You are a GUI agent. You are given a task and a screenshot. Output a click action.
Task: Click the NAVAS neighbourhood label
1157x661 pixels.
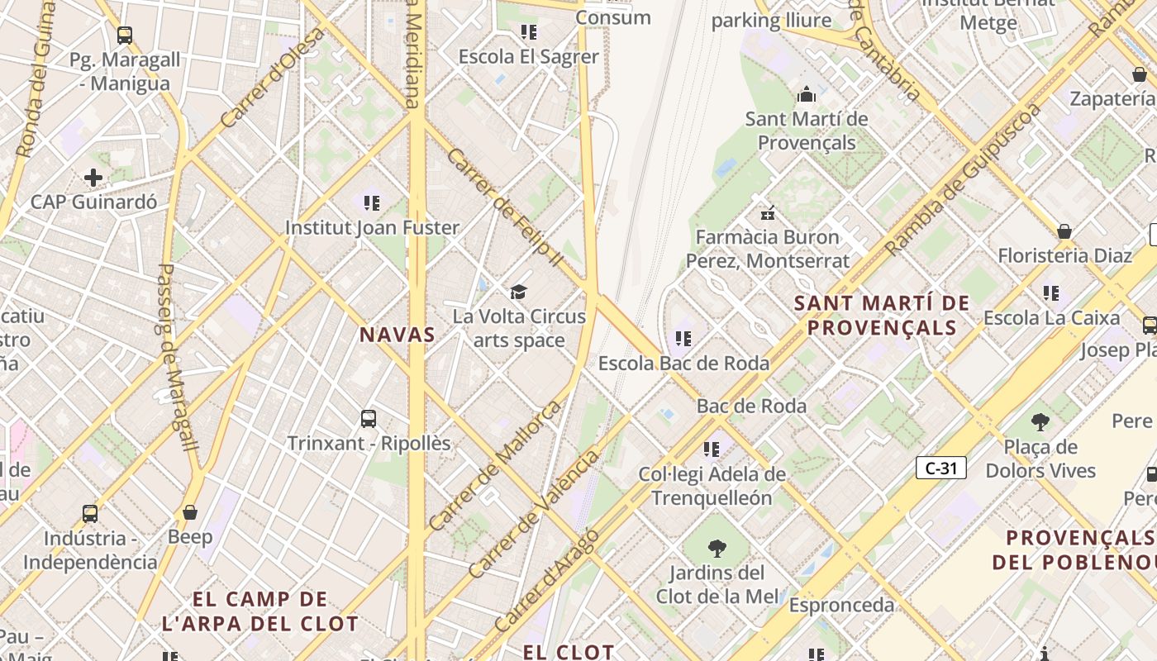point(397,335)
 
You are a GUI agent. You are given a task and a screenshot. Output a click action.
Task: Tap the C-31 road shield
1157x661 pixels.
point(940,468)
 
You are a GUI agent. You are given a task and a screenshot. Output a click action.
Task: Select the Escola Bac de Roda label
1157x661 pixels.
point(683,363)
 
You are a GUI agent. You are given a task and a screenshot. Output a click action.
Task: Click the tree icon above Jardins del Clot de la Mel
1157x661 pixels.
point(717,548)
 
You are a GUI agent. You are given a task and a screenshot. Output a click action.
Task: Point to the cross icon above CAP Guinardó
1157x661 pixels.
point(93,177)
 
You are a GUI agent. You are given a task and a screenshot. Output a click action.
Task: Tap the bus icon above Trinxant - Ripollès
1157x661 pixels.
point(369,418)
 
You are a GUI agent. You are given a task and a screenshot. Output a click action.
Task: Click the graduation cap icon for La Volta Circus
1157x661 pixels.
point(518,292)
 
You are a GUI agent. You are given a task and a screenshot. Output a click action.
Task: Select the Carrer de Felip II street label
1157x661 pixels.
point(504,207)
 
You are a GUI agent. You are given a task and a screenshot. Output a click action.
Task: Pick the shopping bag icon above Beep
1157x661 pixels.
point(190,512)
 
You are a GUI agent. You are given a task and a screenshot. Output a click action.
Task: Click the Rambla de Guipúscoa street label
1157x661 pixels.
point(963,180)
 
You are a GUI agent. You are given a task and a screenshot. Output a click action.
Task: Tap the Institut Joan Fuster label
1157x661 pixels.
point(372,227)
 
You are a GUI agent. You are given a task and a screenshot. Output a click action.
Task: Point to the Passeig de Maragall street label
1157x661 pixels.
point(177,357)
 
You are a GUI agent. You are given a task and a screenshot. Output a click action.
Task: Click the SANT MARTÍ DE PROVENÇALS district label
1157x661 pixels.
point(881,315)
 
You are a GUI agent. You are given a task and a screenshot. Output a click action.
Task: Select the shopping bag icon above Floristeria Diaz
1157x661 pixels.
point(1064,231)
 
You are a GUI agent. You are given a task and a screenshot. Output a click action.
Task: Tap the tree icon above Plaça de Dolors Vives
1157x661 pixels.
point(1040,422)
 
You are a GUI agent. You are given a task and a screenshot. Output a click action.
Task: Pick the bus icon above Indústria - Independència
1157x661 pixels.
point(90,514)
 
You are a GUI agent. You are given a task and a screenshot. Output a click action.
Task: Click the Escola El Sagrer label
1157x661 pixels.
point(528,57)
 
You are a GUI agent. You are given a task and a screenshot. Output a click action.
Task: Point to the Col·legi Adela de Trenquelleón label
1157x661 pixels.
point(712,486)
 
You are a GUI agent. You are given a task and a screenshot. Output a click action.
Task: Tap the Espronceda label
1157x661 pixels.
point(841,605)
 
